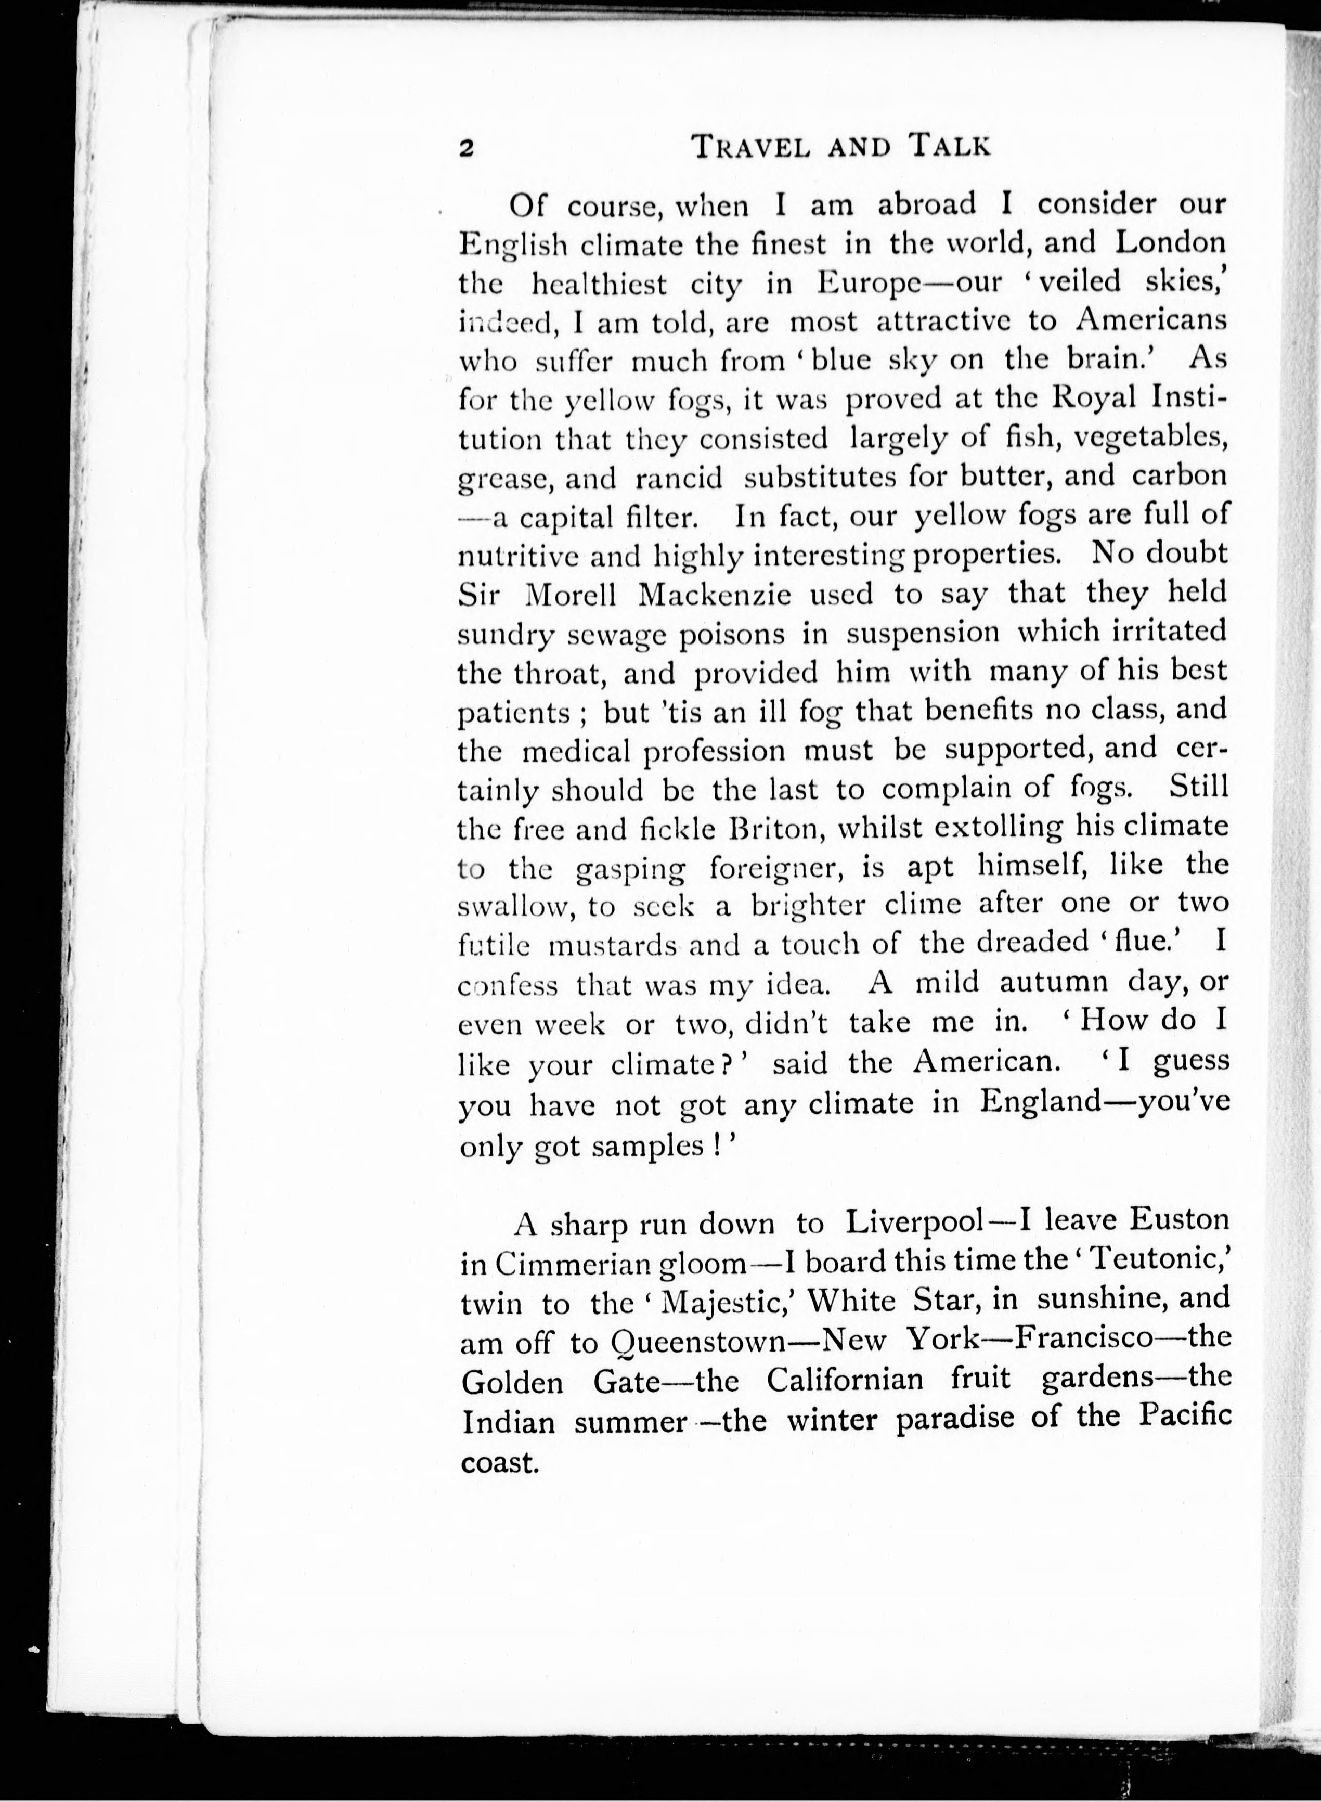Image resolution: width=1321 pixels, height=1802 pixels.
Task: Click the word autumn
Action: (x=1053, y=982)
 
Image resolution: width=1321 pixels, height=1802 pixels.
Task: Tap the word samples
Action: (x=647, y=1147)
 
